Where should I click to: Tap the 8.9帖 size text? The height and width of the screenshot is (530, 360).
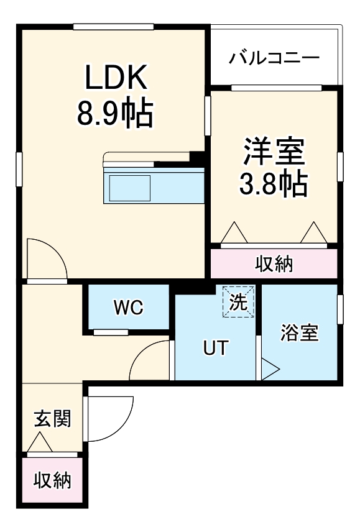116,114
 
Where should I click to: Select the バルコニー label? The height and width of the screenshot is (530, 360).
274,58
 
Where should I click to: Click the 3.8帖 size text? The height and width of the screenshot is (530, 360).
274,183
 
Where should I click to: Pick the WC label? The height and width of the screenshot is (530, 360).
128,306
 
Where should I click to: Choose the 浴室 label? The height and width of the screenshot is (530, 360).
299,334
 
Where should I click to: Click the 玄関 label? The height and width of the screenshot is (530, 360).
52,419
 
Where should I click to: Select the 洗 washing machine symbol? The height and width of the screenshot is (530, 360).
239,301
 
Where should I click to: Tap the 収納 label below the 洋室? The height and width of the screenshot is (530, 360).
274,265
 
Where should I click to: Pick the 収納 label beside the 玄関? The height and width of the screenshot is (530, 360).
52,480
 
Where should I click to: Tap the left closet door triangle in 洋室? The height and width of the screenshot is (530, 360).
234,234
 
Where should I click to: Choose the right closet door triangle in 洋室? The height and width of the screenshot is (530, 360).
313,234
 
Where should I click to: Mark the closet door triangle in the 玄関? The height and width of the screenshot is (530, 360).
40,442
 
